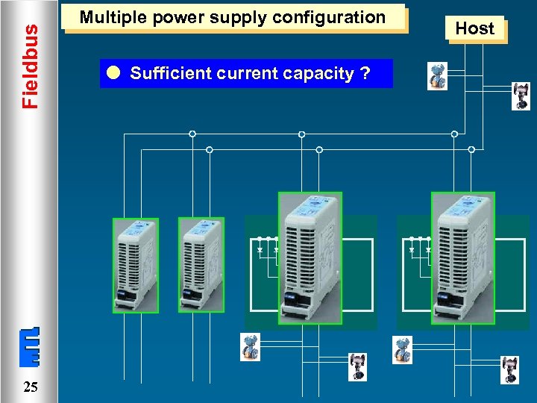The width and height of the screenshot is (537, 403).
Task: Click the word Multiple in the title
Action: coord(110,17)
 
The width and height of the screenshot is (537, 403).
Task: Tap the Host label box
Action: coord(475,28)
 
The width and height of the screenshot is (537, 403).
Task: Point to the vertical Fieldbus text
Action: coord(30,66)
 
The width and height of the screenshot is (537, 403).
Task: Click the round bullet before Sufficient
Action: coord(113,73)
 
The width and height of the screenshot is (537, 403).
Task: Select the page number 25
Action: coord(31,387)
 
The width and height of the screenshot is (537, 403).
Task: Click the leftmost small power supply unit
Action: coord(136,265)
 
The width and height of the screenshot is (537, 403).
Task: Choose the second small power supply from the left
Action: coord(201,265)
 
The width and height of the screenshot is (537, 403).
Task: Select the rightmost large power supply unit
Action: coord(462,257)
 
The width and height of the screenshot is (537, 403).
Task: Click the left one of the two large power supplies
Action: coord(310,257)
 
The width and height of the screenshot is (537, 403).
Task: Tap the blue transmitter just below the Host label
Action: coord(437,77)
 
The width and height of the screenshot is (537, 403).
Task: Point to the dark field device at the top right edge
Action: coord(521,96)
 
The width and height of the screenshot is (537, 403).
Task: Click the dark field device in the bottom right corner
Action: coord(511,369)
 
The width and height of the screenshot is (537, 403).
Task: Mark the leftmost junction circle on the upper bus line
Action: coord(192,134)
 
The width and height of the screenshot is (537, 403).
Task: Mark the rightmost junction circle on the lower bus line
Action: coord(471,150)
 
